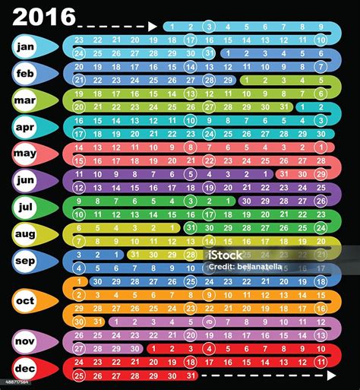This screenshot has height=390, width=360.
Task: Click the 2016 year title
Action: click(x=44, y=16)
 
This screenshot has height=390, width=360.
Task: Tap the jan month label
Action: click(x=26, y=47)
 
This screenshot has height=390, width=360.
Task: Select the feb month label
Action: click(x=26, y=74)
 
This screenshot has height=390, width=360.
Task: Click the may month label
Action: click(x=26, y=154)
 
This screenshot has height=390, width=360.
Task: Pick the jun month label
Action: click(x=26, y=180)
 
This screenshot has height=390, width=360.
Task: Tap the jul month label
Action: click(x=26, y=207)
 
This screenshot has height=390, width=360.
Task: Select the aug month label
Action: click(x=26, y=234)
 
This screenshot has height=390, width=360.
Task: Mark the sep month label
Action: click(x=26, y=261)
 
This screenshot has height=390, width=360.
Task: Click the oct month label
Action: click(x=26, y=300)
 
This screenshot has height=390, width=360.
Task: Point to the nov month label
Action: click(x=26, y=341)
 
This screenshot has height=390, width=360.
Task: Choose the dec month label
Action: click(x=26, y=368)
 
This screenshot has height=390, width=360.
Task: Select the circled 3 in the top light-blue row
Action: click(x=209, y=27)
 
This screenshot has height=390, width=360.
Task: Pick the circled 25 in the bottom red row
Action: click(x=79, y=375)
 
